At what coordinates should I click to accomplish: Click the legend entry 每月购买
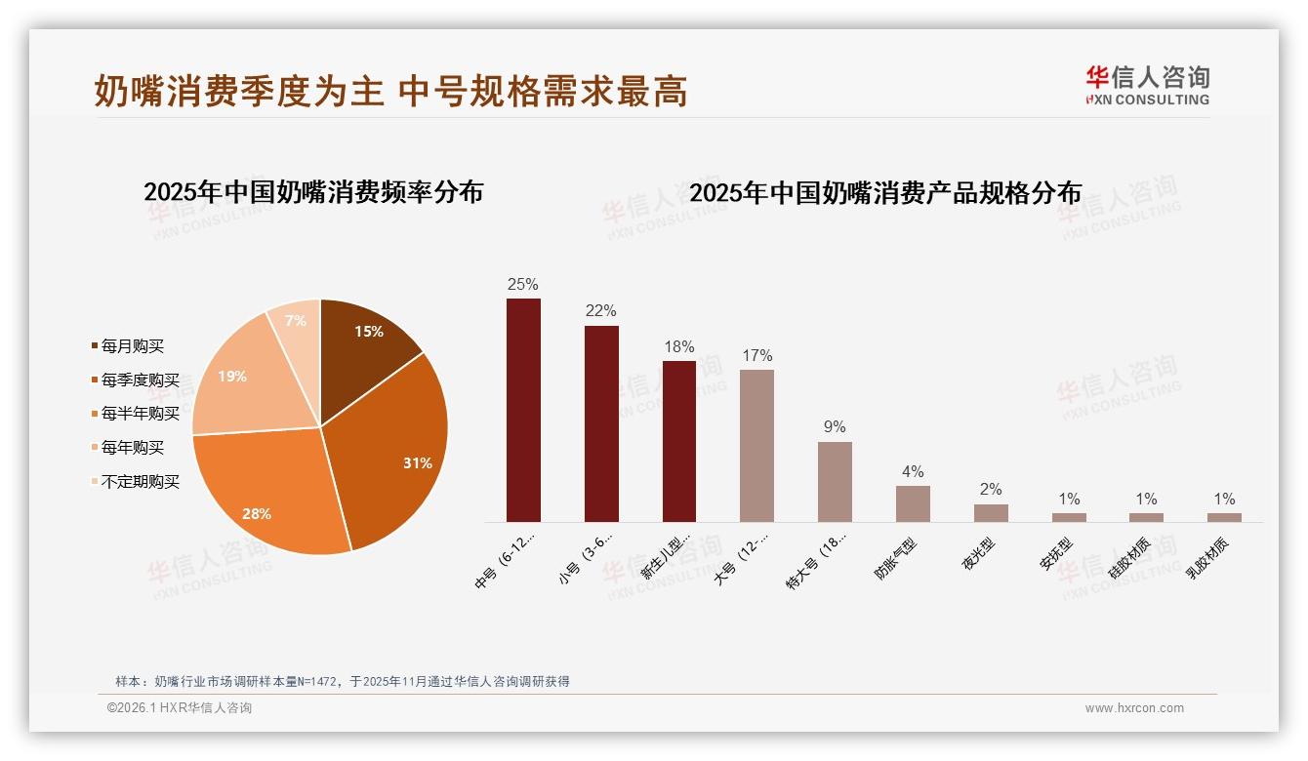(133, 346)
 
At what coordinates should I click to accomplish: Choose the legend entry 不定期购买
(141, 482)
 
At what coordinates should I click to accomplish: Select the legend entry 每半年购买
(141, 414)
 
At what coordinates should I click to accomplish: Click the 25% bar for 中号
(523, 410)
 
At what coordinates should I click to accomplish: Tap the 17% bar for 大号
(756, 446)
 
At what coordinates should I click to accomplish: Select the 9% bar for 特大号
(835, 482)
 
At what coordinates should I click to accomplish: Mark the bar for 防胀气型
(913, 503)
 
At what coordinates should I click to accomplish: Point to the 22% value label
(601, 311)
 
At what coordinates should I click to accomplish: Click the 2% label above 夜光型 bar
(991, 490)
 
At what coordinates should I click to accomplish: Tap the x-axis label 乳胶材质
(1207, 558)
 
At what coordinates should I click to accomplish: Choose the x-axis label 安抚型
(1056, 554)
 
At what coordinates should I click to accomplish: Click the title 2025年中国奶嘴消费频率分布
(313, 192)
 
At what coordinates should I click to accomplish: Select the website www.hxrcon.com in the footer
(1134, 708)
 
